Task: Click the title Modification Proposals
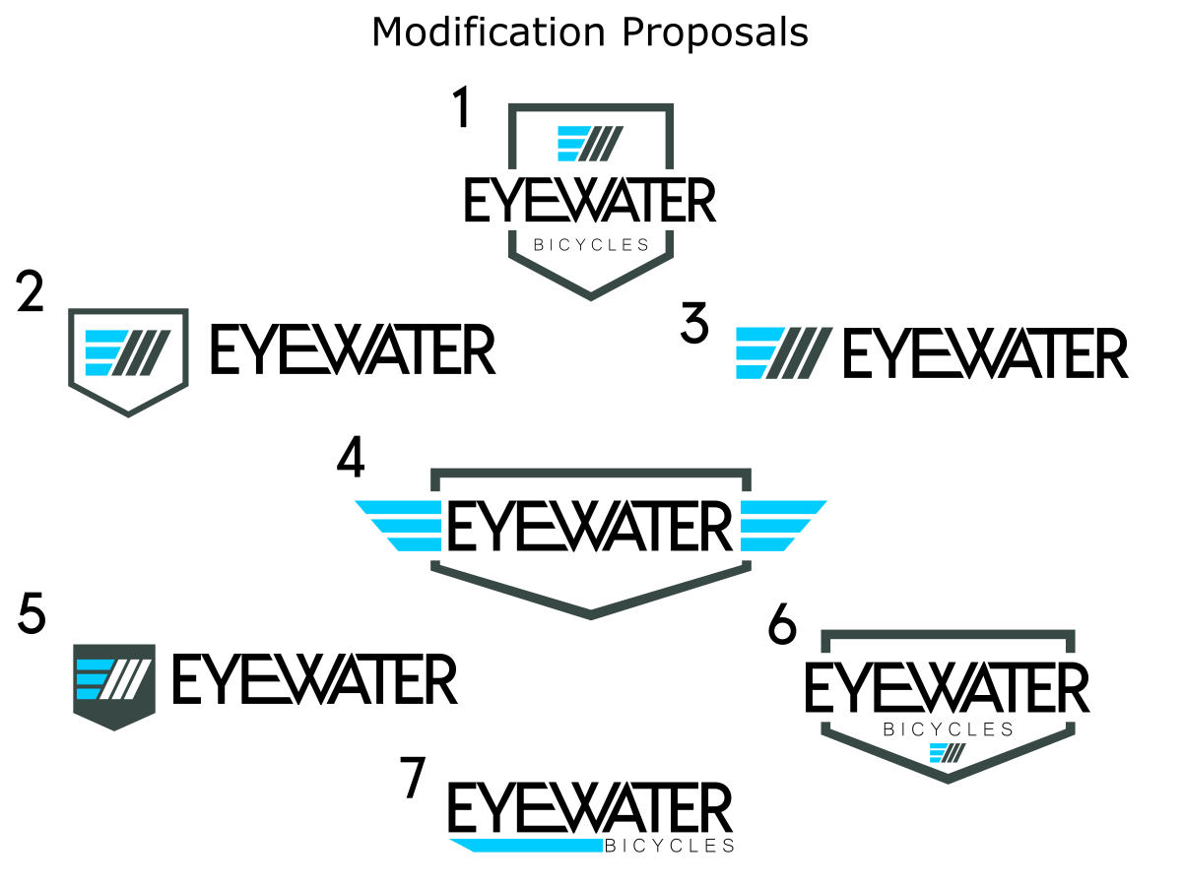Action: (x=590, y=32)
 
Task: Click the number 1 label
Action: (x=461, y=108)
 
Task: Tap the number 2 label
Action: (x=31, y=294)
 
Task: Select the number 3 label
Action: (x=695, y=325)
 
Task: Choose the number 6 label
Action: (x=782, y=626)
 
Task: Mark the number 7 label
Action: (x=415, y=778)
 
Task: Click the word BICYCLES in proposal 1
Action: (x=591, y=245)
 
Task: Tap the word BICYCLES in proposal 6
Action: (x=949, y=729)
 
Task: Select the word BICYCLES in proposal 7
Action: (x=669, y=846)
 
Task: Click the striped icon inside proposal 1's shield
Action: (x=590, y=144)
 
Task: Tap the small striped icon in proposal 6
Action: (x=948, y=753)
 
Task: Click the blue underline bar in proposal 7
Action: (x=527, y=845)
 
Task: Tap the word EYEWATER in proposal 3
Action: (x=985, y=353)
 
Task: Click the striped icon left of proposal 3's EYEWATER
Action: (x=784, y=353)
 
